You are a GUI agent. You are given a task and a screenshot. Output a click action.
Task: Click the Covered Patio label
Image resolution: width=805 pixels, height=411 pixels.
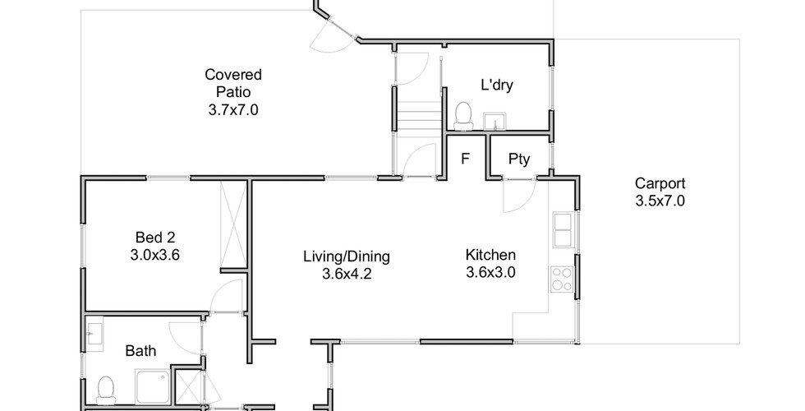pyautogui.click(x=233, y=83)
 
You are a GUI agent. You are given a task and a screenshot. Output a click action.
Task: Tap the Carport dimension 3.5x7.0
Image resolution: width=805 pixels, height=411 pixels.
pyautogui.click(x=660, y=201)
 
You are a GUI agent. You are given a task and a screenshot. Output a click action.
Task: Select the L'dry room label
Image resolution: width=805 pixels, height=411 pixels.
pyautogui.click(x=496, y=85)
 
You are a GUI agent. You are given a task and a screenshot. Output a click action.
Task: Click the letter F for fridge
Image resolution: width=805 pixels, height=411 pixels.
pyautogui.click(x=465, y=159)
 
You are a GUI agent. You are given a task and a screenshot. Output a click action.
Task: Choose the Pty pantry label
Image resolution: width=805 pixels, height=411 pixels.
pyautogui.click(x=519, y=159)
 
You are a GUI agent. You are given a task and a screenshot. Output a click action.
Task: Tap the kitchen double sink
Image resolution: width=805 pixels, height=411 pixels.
pyautogui.click(x=563, y=229)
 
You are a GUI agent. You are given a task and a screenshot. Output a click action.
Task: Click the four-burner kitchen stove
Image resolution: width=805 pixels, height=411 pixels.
pyautogui.click(x=562, y=279)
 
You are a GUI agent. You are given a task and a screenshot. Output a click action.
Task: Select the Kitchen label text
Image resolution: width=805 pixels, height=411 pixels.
pyautogui.click(x=490, y=255)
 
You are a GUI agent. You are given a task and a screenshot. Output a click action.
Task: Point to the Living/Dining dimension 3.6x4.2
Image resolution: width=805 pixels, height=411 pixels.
pyautogui.click(x=347, y=274)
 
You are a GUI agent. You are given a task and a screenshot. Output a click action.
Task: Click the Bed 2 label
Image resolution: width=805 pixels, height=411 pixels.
pyautogui.click(x=155, y=238)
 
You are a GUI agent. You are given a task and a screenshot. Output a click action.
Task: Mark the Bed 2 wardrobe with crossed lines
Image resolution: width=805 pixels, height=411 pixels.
pyautogui.click(x=233, y=222)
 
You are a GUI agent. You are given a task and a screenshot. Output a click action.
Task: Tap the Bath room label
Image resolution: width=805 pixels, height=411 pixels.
pyautogui.click(x=140, y=352)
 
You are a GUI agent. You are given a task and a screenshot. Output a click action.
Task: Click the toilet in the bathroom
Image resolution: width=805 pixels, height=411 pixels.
pyautogui.click(x=106, y=390)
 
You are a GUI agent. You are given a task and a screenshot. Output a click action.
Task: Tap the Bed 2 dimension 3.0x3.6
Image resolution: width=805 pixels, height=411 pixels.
pyautogui.click(x=155, y=255)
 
